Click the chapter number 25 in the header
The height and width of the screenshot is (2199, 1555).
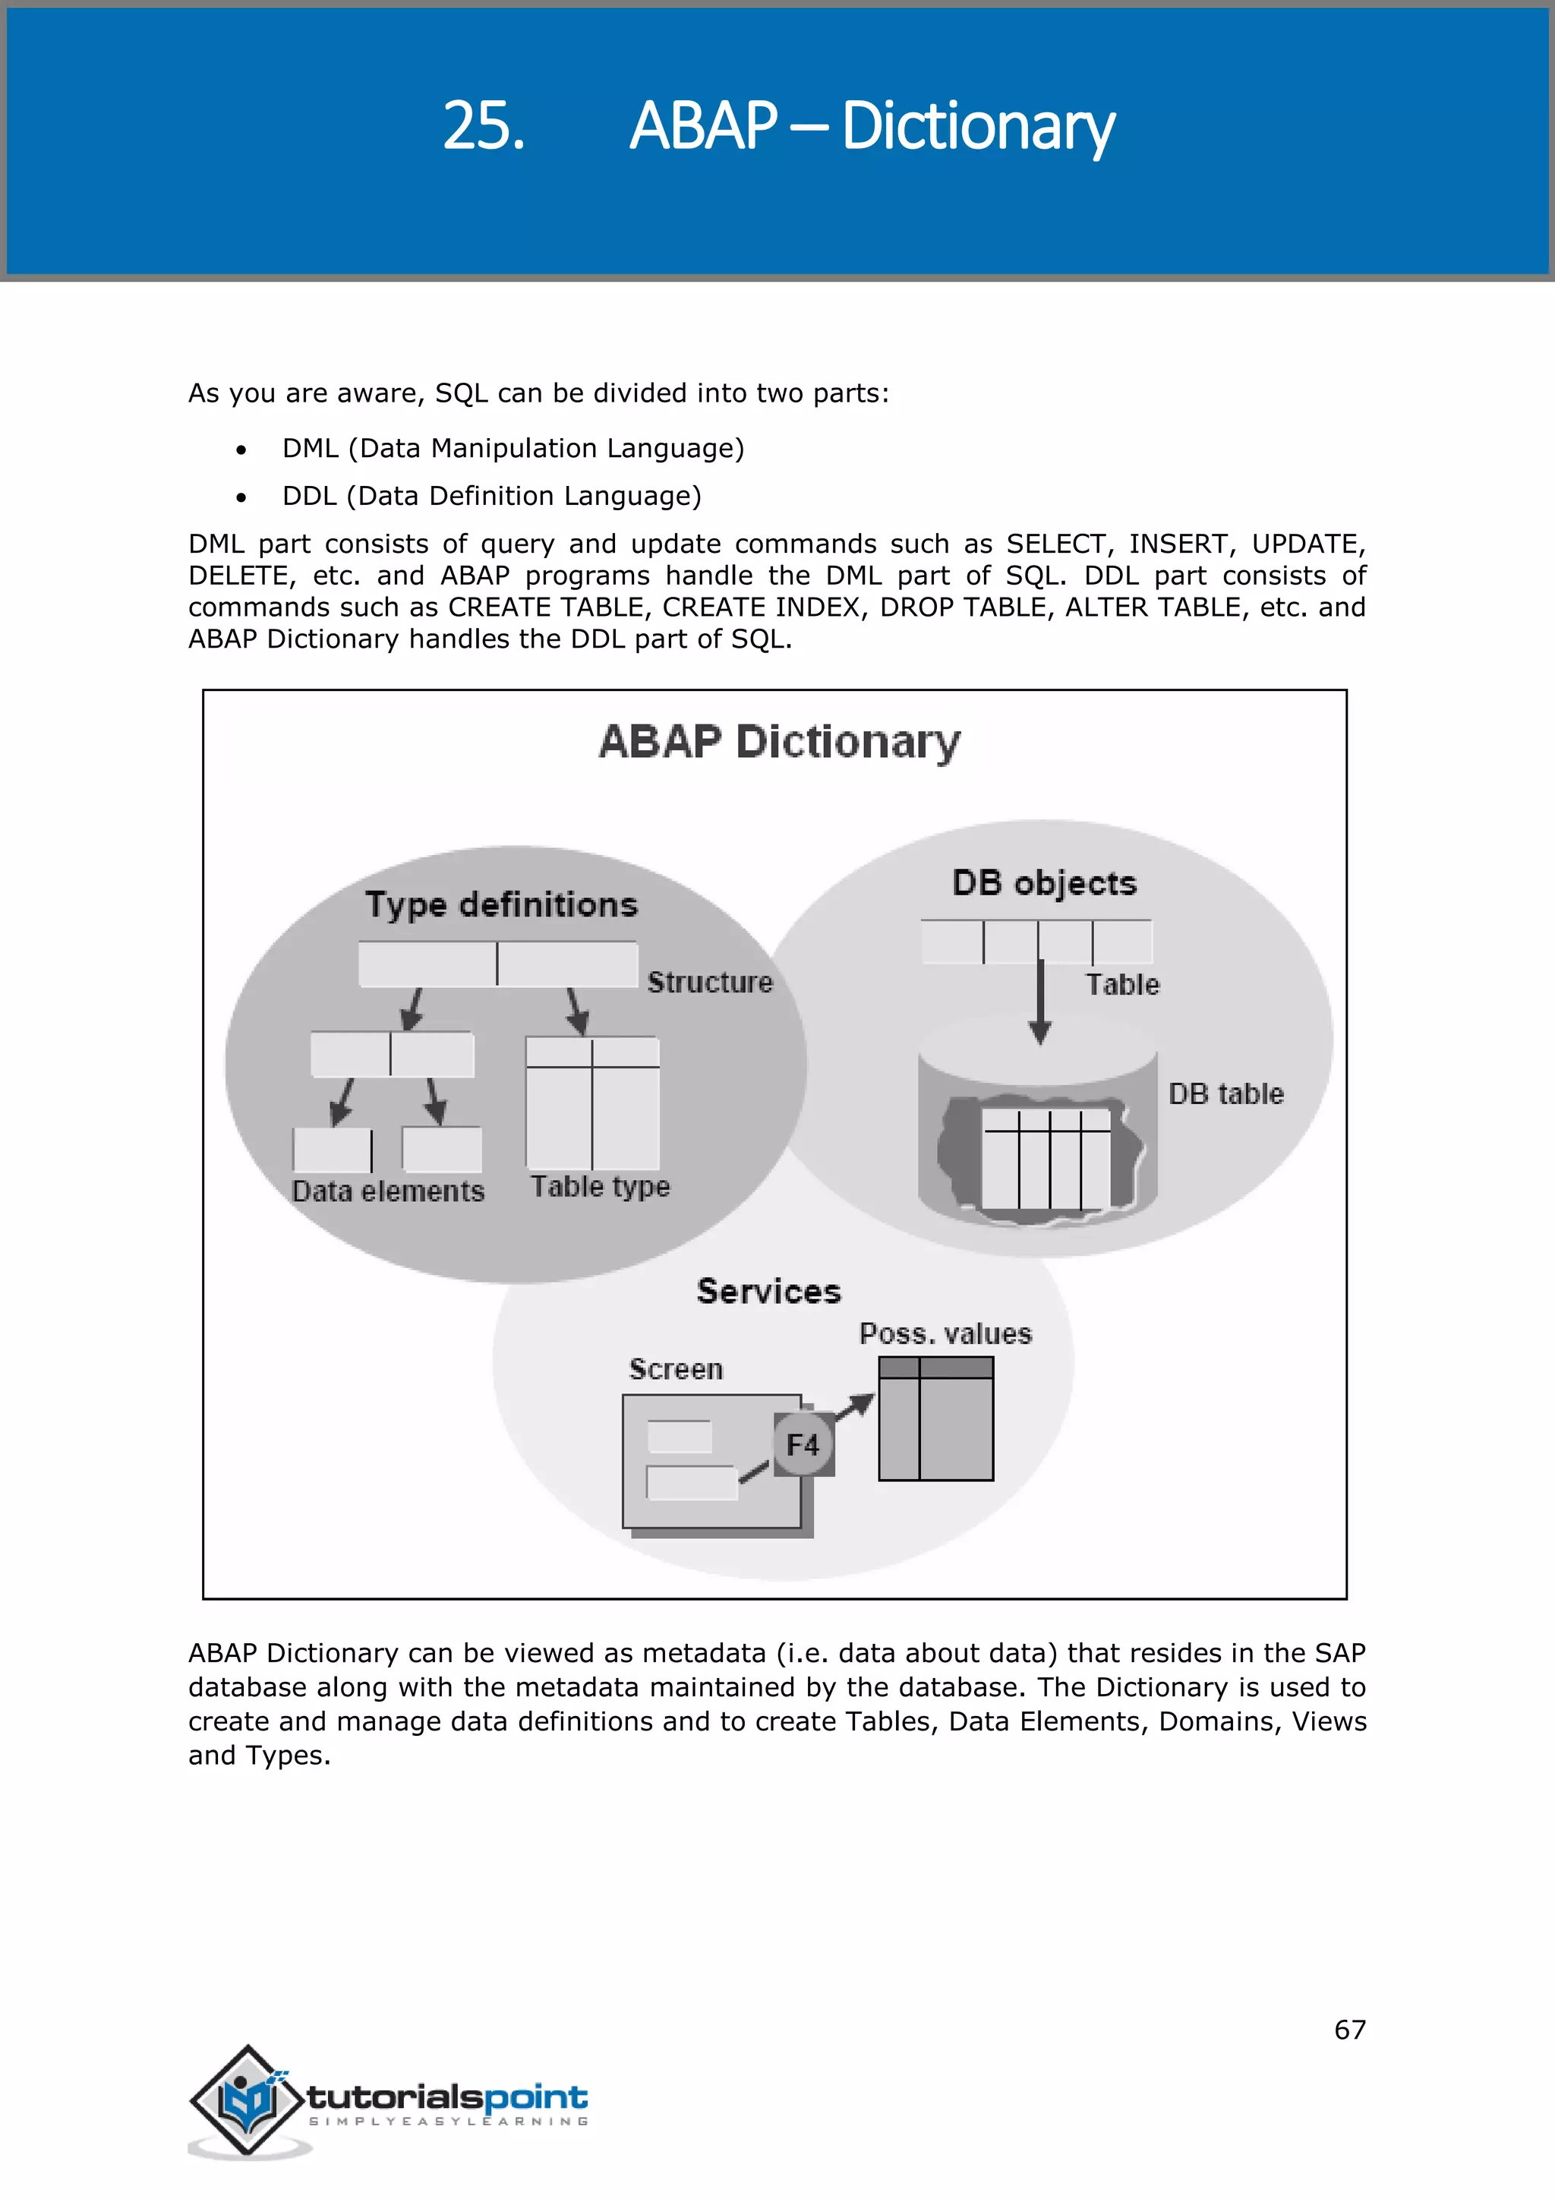click(484, 125)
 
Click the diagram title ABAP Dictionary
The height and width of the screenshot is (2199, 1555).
click(780, 743)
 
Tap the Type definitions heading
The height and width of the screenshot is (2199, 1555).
click(501, 905)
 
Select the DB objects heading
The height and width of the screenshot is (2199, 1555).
click(1044, 883)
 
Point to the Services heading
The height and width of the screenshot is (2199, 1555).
click(769, 1291)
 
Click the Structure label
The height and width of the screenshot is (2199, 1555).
click(709, 983)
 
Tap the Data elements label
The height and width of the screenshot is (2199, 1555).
click(388, 1191)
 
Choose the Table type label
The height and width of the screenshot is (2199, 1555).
click(601, 1187)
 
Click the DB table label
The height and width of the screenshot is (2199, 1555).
click(1225, 1093)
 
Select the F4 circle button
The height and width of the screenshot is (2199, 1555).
click(803, 1444)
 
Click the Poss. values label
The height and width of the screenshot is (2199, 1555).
click(945, 1334)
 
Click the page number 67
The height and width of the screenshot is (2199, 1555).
click(1350, 2030)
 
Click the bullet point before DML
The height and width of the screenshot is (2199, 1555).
click(241, 450)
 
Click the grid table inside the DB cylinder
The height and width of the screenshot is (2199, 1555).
click(1046, 1159)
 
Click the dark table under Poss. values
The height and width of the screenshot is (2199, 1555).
click(935, 1418)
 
